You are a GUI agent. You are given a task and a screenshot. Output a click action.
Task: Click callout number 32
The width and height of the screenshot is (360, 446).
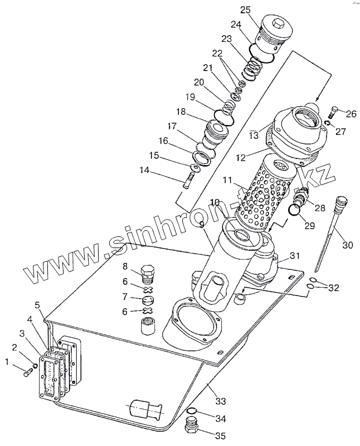333,288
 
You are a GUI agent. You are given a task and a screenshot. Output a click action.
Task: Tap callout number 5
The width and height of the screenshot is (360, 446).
37,305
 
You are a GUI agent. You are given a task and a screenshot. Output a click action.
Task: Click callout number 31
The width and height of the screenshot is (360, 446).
293,255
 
